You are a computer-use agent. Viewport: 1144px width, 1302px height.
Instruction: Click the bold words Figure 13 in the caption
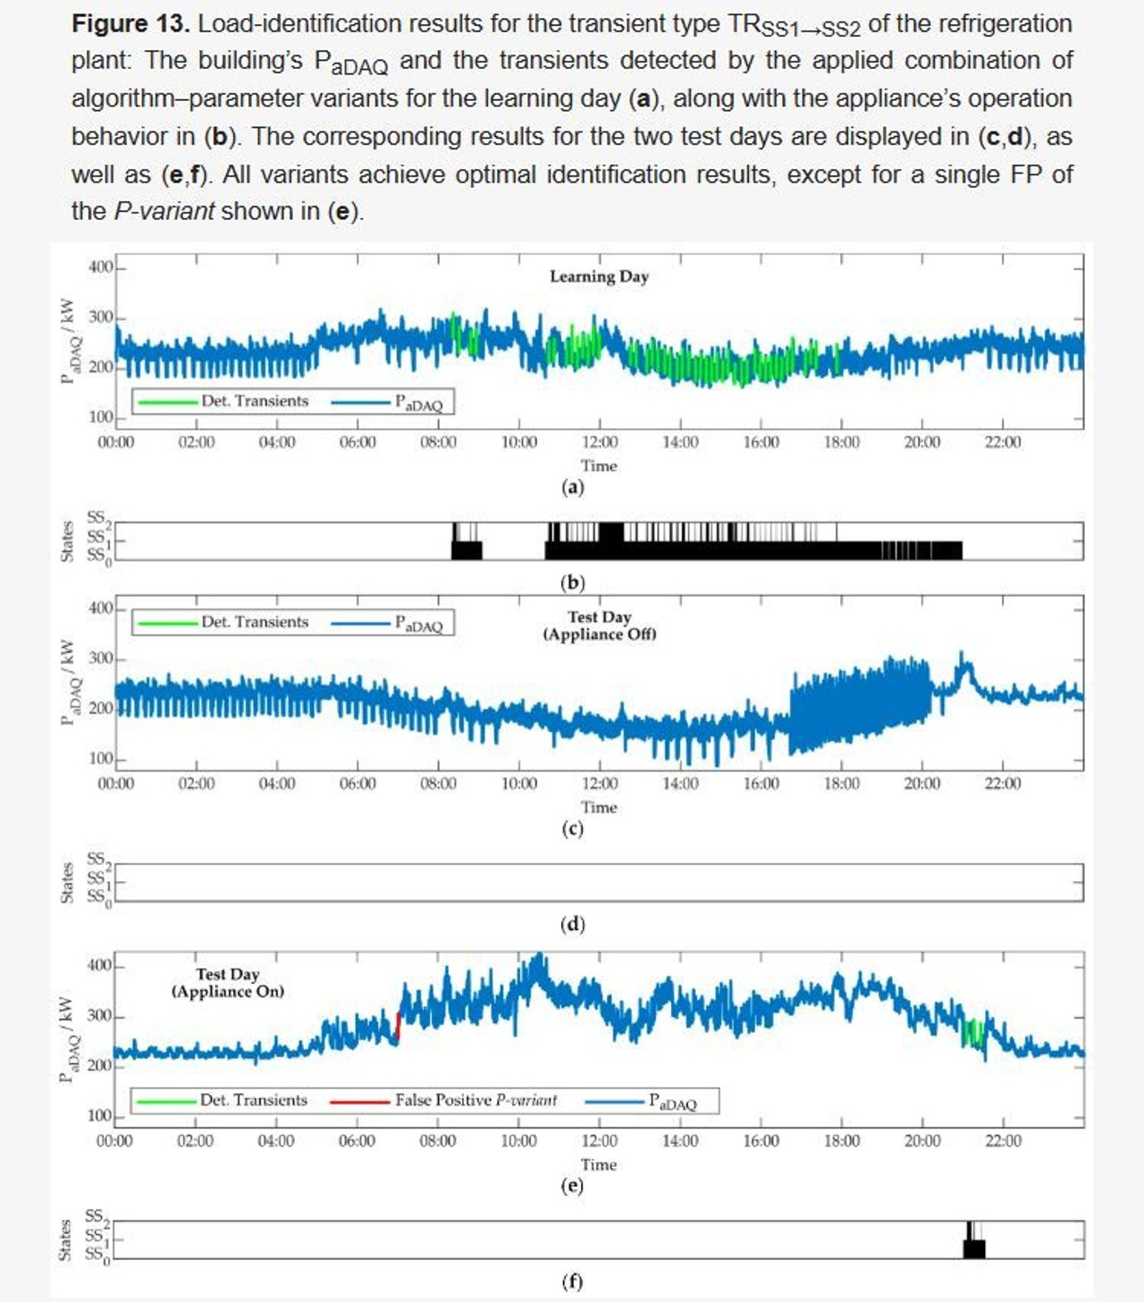pos(130,24)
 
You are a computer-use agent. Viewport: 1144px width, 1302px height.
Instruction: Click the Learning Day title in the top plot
pos(599,276)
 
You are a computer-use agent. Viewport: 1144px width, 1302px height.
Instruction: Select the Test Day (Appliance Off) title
pos(599,626)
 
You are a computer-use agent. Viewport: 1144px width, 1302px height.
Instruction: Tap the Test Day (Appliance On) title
pos(228,983)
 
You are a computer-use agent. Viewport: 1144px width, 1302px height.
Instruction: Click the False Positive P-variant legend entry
pos(475,1100)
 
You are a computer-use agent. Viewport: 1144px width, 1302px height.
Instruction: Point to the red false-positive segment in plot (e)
pos(398,1026)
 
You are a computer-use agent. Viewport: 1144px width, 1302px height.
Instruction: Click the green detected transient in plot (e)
pos(972,1032)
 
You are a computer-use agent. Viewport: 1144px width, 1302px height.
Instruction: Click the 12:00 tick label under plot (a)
pos(599,442)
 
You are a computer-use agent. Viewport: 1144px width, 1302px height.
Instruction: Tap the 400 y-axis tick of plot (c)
pos(100,609)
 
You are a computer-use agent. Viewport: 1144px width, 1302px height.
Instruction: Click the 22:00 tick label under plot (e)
pos(1003,1141)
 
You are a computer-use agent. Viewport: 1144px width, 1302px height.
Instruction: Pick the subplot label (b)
pos(572,583)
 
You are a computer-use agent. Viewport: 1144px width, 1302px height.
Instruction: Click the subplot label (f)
pos(572,1281)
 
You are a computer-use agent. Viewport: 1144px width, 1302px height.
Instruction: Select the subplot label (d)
pos(572,924)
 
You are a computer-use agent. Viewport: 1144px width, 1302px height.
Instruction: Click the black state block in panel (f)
pos(974,1247)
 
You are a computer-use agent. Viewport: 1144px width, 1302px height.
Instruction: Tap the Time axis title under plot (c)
pos(599,807)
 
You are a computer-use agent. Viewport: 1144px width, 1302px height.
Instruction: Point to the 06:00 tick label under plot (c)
pos(357,784)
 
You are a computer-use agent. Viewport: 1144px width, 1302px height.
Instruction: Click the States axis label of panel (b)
pos(66,541)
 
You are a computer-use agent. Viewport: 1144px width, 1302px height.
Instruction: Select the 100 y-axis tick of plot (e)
pos(99,1116)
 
